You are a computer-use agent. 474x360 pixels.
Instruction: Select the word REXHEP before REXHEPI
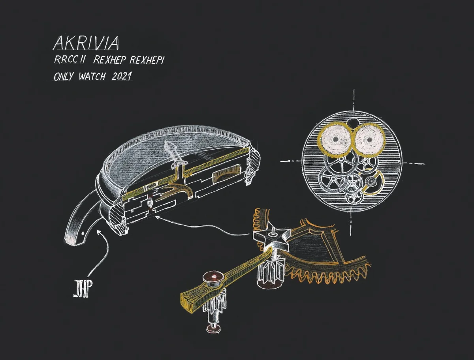point(110,60)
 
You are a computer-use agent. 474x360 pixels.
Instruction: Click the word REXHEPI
point(147,60)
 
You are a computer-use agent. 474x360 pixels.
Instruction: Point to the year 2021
point(121,76)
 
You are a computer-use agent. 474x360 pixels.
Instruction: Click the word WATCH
point(92,76)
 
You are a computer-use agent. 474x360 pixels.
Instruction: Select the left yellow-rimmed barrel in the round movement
point(335,139)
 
